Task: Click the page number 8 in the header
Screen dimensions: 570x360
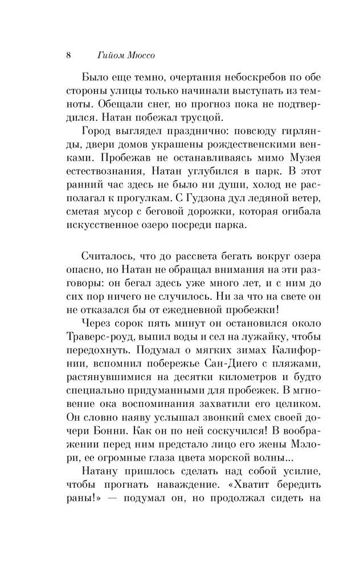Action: coord(68,56)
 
